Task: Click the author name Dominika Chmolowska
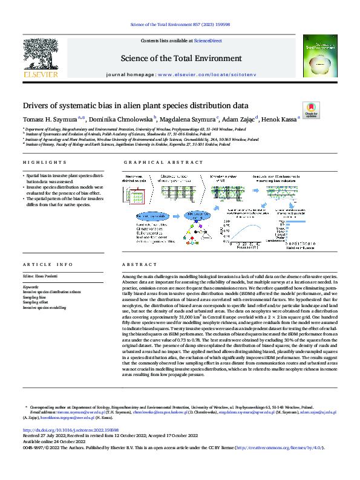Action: [x=121, y=118]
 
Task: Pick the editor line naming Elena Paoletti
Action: [x=44, y=276]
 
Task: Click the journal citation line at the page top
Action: [x=180, y=24]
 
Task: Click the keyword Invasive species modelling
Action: [x=45, y=307]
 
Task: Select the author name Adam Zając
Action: [x=239, y=118]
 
